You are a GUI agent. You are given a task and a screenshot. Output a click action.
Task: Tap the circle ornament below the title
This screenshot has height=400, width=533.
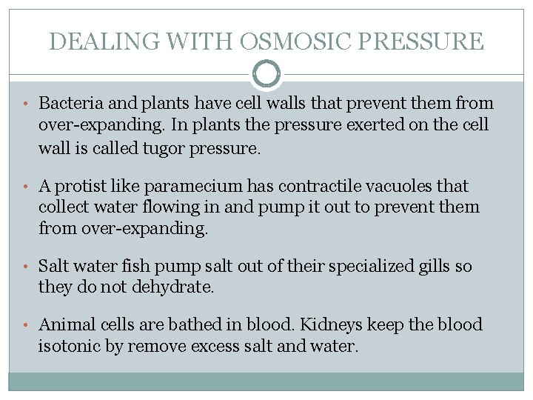[266, 74]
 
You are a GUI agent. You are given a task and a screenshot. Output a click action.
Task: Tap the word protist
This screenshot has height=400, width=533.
[81, 185]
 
